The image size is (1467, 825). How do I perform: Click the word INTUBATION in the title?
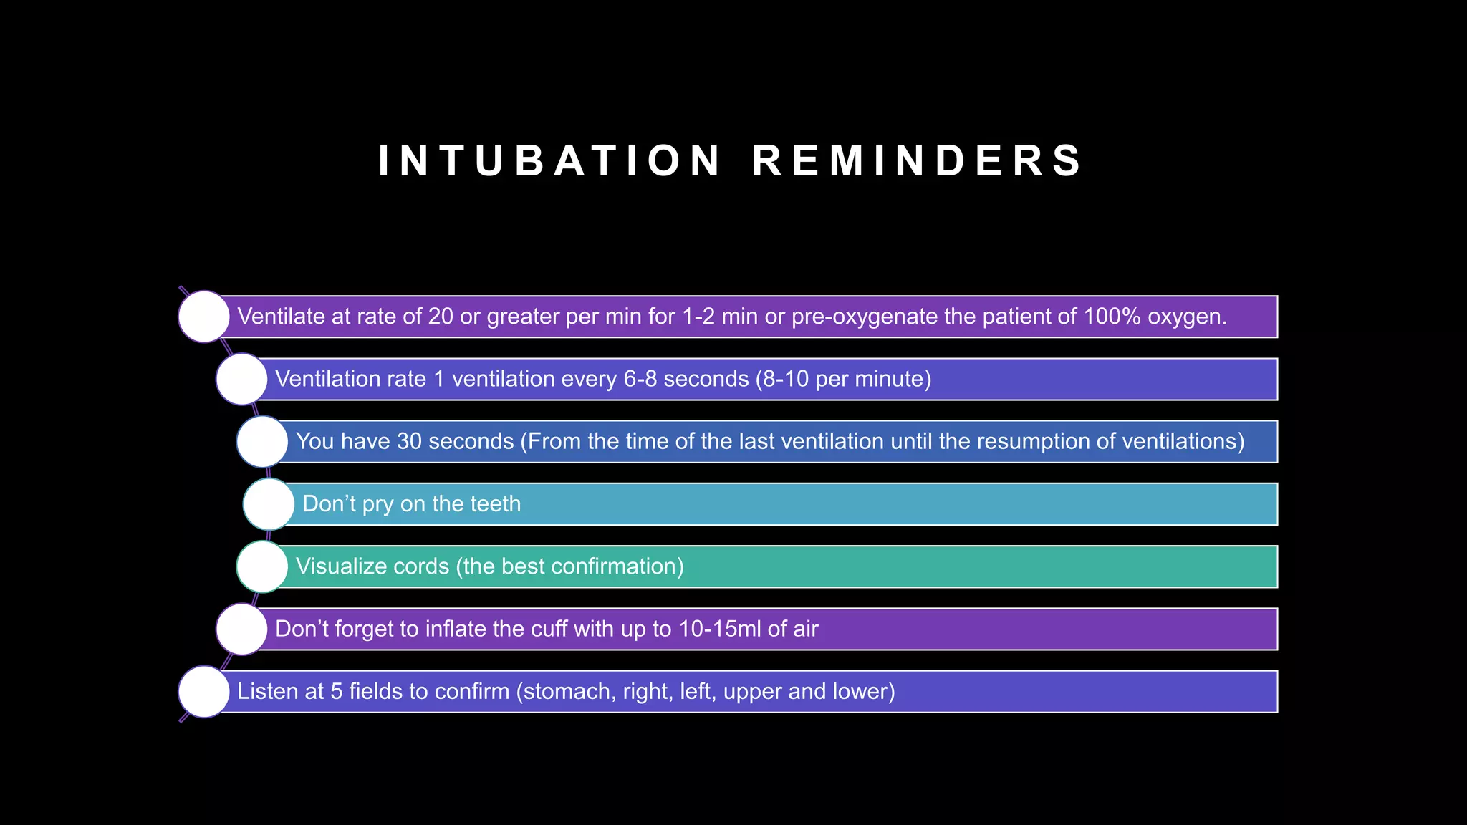coord(549,160)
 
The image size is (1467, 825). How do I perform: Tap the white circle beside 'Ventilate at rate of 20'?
coord(204,317)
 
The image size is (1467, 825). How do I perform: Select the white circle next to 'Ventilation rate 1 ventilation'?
coord(242,379)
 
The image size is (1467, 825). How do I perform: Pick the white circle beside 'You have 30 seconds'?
coord(263,441)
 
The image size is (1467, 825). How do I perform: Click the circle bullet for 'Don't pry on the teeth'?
coord(269,504)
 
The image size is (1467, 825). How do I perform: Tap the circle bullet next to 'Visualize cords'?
coord(263,566)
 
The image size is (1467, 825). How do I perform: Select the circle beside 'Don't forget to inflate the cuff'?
coord(242,629)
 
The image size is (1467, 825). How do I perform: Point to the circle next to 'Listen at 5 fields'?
coord(204,692)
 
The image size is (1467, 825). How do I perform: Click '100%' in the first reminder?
coord(1112,317)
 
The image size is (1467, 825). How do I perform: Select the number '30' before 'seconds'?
coord(410,441)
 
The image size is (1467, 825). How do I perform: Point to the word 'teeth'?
coord(496,504)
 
